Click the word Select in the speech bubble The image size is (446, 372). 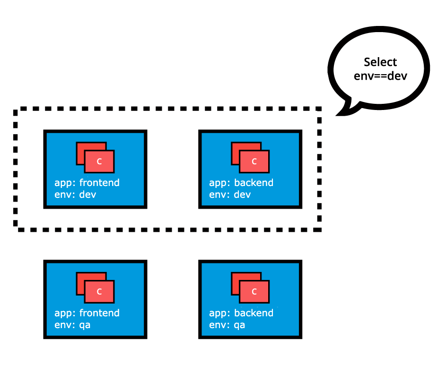tap(380, 62)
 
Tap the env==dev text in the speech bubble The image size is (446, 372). tap(380, 76)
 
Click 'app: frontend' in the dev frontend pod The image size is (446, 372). tap(87, 183)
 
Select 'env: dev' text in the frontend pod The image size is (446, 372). tap(75, 194)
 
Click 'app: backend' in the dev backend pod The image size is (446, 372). tap(241, 183)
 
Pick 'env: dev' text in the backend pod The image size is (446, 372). tap(230, 194)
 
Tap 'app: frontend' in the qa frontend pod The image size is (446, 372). tap(87, 313)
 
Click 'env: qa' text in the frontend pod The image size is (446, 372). tap(72, 325)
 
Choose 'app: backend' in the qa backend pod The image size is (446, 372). tap(241, 313)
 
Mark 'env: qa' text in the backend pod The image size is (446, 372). tap(227, 325)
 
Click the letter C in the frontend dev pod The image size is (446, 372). tap(99, 161)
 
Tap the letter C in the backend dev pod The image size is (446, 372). tap(254, 161)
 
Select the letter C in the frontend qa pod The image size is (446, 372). tap(99, 291)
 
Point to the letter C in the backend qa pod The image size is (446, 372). tap(254, 291)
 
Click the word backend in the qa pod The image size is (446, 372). tap(254, 313)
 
